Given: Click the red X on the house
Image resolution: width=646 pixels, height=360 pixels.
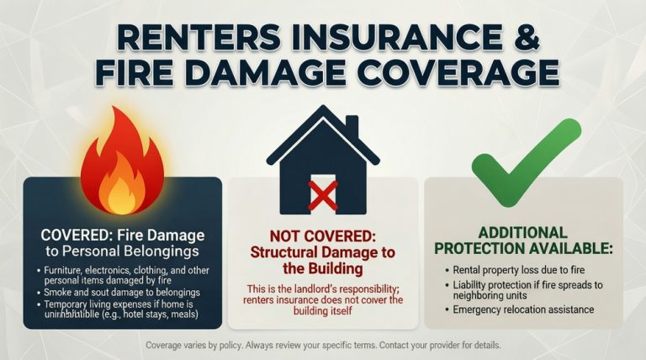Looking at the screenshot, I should (x=323, y=194).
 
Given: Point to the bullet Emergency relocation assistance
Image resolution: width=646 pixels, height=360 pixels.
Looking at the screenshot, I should (x=522, y=310).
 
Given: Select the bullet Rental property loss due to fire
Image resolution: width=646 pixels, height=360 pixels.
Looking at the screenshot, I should (x=511, y=272).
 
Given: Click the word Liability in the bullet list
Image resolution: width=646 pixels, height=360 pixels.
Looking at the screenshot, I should (x=470, y=285).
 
